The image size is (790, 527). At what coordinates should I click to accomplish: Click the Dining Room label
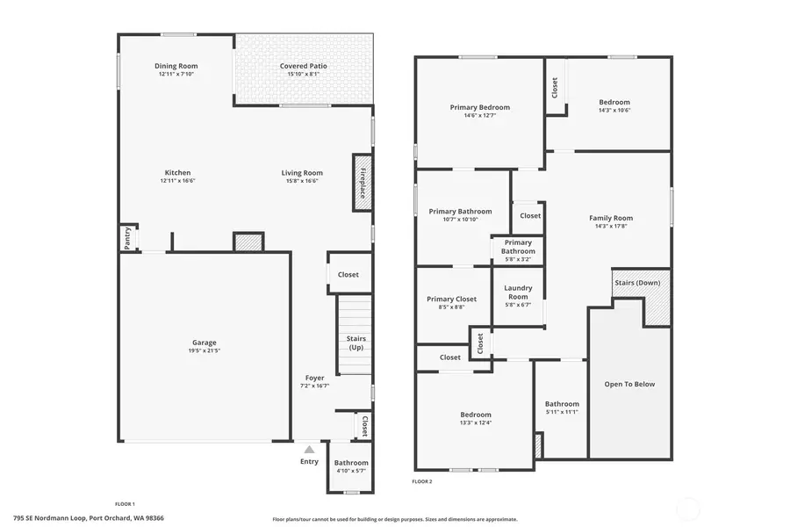pos(176,66)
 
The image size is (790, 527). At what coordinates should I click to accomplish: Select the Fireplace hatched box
pos(362,182)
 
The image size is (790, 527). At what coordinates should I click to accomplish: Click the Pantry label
pos(128,238)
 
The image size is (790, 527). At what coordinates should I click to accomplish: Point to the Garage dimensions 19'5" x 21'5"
pos(204,350)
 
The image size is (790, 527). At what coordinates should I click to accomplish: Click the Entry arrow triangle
pos(309,449)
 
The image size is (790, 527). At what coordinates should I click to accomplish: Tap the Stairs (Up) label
pos(355,343)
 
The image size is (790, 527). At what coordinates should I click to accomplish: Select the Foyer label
pos(314,378)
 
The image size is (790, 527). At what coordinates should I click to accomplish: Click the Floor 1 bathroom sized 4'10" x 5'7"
pos(351,466)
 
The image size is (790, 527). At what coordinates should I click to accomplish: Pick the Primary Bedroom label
pos(479,107)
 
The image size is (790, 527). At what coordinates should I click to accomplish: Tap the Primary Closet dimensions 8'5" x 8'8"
pos(451,307)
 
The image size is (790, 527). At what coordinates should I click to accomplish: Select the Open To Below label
pos(629,384)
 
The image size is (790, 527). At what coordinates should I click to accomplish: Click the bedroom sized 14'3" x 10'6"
pos(614,105)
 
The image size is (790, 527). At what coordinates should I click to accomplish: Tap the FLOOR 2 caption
pos(422,481)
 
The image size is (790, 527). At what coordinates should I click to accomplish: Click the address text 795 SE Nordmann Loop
pos(88,518)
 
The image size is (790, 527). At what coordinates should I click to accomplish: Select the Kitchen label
pos(177,173)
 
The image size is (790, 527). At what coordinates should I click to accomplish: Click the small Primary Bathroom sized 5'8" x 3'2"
pos(518,250)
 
